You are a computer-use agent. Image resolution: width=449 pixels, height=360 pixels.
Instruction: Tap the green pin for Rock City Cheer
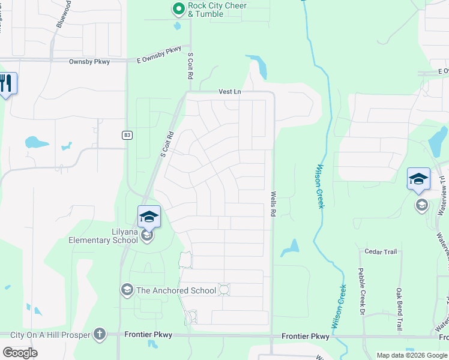click(x=178, y=8)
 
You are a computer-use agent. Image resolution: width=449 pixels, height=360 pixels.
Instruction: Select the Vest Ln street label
click(x=230, y=92)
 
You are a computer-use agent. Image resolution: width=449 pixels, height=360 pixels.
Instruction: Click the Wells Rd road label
click(x=273, y=204)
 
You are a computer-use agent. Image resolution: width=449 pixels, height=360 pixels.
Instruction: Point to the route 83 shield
click(x=127, y=135)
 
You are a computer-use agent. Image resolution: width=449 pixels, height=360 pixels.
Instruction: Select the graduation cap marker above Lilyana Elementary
click(x=149, y=217)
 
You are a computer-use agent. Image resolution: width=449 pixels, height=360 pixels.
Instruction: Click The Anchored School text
click(x=176, y=290)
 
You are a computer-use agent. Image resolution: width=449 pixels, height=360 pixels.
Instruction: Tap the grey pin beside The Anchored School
click(x=127, y=290)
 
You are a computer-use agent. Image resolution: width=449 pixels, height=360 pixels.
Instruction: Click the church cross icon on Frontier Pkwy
click(x=100, y=334)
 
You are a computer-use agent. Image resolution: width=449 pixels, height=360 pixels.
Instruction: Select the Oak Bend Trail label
click(x=399, y=309)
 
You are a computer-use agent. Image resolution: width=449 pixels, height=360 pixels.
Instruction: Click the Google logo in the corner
click(x=19, y=353)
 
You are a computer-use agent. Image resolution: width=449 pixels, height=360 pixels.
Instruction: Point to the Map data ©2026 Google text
click(x=411, y=355)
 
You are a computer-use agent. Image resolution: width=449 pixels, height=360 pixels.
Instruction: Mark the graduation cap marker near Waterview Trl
click(x=418, y=179)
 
